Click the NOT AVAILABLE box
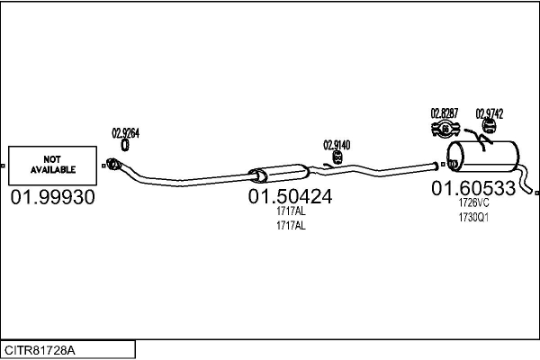pos(52,166)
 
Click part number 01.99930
pos(52,197)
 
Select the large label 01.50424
pos(290,196)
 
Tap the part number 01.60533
pos(473,188)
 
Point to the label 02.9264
pos(125,133)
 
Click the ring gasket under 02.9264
pos(125,145)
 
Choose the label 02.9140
pos(337,145)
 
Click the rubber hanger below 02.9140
pos(337,157)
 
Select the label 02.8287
pos(445,113)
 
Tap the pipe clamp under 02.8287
pos(445,130)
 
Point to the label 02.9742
pos(490,113)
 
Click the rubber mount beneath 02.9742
pos(489,125)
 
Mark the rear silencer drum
pos(482,157)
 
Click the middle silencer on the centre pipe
pos(279,174)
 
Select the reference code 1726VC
pos(473,202)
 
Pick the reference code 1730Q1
pos(473,218)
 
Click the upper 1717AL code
pos(291,211)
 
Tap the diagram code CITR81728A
pos(40,350)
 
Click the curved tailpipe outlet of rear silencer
pos(525,180)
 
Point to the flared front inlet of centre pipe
pos(113,164)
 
